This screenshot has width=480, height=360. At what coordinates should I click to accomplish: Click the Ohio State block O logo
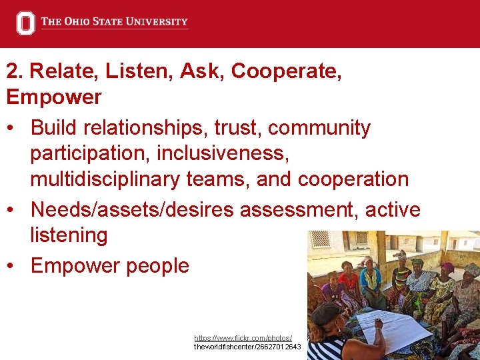[x=25, y=23]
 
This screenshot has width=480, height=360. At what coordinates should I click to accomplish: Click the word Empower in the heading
[x=54, y=97]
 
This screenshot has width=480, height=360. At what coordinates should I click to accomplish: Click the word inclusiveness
[x=223, y=153]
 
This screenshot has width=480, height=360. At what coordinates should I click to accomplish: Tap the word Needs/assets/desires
[x=132, y=210]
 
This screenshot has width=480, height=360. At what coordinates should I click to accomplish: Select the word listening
[x=69, y=235]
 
